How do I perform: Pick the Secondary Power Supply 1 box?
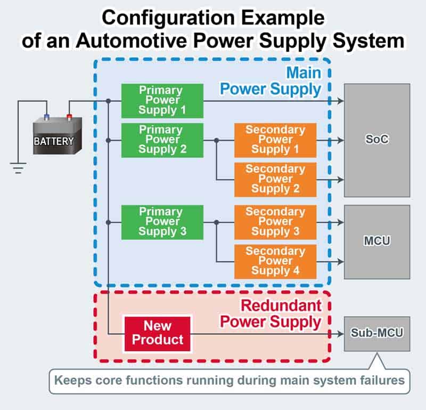pos(275,140)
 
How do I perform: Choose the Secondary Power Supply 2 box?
pos(275,180)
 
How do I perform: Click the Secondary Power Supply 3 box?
pos(275,222)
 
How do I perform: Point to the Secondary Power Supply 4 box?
pos(275,261)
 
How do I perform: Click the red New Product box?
pos(157,334)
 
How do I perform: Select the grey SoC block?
pos(377,140)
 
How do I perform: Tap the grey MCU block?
pos(377,242)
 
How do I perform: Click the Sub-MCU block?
pos(377,334)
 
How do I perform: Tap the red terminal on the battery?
pos(69,117)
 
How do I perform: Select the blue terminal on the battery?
pos(46,117)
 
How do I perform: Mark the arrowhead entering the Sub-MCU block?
pos(340,334)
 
